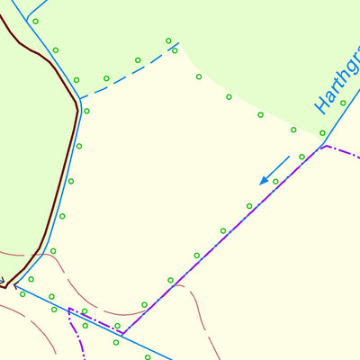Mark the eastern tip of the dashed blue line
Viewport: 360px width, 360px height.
click(x=178, y=42)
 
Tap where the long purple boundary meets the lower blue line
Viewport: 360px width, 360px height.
click(x=122, y=333)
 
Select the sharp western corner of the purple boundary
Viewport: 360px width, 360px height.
click(x=69, y=310)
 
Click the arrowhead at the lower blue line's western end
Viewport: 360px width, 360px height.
click(x=13, y=287)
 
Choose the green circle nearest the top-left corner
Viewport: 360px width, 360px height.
click(x=35, y=21)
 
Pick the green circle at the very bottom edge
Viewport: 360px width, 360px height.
click(x=148, y=356)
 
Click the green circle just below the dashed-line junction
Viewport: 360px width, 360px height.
click(x=86, y=111)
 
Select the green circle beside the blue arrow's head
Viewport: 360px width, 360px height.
click(x=275, y=181)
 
